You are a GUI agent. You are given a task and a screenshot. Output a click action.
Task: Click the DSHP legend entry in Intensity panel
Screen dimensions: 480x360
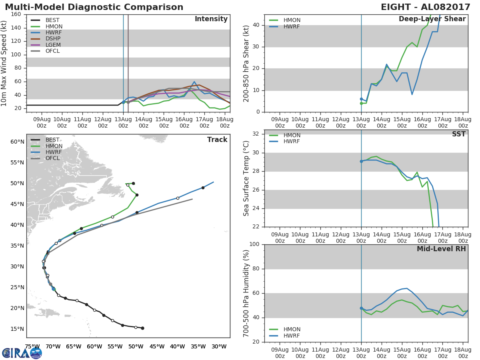pyautogui.click(x=46, y=39)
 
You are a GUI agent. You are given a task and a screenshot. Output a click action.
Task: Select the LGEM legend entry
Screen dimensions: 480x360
pyautogui.click(x=46, y=45)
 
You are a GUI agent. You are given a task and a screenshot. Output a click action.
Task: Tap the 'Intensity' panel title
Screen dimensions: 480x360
pyautogui.click(x=211, y=19)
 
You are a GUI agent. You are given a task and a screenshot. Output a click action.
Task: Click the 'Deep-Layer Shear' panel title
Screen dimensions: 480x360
pyautogui.click(x=432, y=19)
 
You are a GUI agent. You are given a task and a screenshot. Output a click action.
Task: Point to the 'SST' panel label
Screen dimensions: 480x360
pyautogui.click(x=458, y=134)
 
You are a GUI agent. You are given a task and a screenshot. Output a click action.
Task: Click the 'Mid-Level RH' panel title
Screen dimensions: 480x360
pyautogui.click(x=441, y=249)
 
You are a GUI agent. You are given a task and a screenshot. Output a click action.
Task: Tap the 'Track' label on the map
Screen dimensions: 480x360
pyautogui.click(x=217, y=140)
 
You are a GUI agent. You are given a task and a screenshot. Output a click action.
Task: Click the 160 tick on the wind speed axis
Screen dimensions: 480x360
pyautogui.click(x=16, y=14)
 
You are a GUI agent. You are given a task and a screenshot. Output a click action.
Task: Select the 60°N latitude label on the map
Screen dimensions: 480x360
pyautogui.click(x=17, y=142)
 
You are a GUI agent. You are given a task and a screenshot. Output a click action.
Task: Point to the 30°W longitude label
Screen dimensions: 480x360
pyautogui.click(x=219, y=346)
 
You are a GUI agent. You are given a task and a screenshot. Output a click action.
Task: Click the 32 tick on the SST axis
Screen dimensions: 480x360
pyautogui.click(x=256, y=134)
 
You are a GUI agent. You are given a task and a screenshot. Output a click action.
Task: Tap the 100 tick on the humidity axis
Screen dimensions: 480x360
pyautogui.click(x=254, y=244)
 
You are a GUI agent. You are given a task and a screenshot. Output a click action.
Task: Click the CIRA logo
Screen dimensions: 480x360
pyautogui.click(x=22, y=353)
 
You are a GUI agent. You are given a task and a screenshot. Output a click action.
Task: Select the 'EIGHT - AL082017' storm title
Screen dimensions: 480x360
pyautogui.click(x=425, y=7)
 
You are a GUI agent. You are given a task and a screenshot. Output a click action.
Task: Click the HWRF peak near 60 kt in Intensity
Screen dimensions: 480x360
pyautogui.click(x=194, y=82)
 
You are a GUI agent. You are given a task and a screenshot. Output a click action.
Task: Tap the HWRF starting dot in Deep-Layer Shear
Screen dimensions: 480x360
pyautogui.click(x=361, y=99)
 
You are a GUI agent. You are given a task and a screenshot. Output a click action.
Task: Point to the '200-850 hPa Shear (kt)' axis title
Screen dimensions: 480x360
pyautogui.click(x=246, y=64)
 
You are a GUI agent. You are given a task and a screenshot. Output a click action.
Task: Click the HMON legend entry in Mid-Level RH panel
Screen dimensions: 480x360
pyautogui.click(x=285, y=329)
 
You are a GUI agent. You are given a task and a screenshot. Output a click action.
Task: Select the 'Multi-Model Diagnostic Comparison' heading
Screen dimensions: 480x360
pyautogui.click(x=94, y=7)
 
